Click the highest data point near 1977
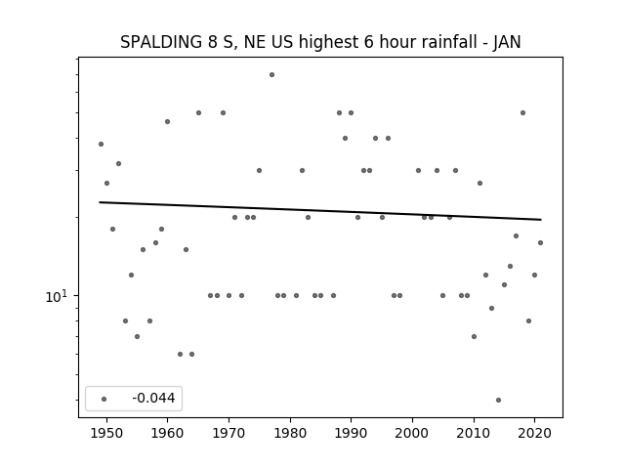pos(271,74)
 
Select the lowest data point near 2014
pos(498,400)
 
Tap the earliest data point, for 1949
pos(101,144)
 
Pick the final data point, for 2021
pos(540,242)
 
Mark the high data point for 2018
pos(522,113)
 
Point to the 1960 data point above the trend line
pos(167,121)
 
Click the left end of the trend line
pos(100,202)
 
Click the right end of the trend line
pos(541,219)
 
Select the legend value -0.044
pos(153,398)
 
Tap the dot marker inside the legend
pos(104,399)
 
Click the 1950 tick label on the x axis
pos(106,433)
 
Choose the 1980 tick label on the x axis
pos(290,433)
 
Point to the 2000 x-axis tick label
pos(412,433)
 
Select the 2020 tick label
pos(534,433)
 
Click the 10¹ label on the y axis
pos(57,296)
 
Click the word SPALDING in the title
pos(161,42)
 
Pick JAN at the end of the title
pos(507,42)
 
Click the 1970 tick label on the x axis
pos(229,433)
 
